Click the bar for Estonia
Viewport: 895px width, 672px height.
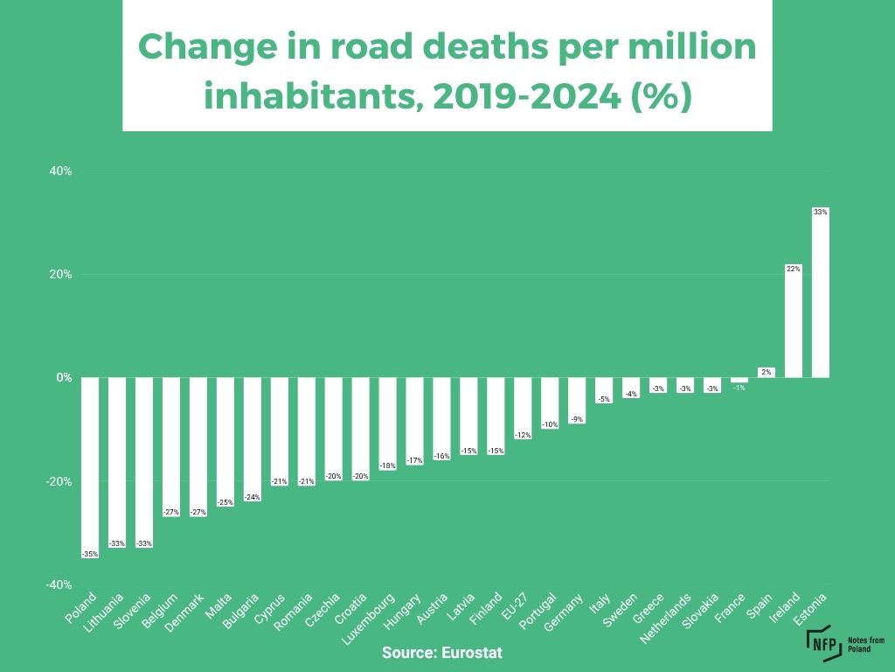pos(820,297)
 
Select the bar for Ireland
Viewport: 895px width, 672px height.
pos(793,325)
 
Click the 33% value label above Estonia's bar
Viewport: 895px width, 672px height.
pos(820,212)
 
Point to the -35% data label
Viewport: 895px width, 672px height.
pos(89,554)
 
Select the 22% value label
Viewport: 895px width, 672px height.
pos(793,269)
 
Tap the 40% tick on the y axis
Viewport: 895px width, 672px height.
pos(59,171)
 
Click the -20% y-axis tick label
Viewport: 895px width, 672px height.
pos(58,481)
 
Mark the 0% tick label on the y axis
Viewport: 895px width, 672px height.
pos(64,378)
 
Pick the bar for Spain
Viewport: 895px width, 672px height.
pos(766,372)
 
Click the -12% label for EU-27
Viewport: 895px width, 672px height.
pos(523,435)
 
